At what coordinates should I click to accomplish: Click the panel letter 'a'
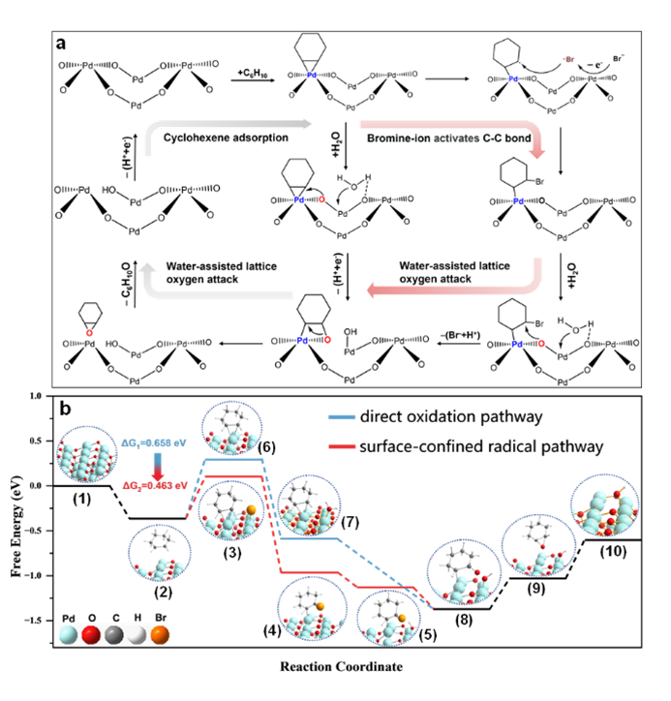click(62, 45)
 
